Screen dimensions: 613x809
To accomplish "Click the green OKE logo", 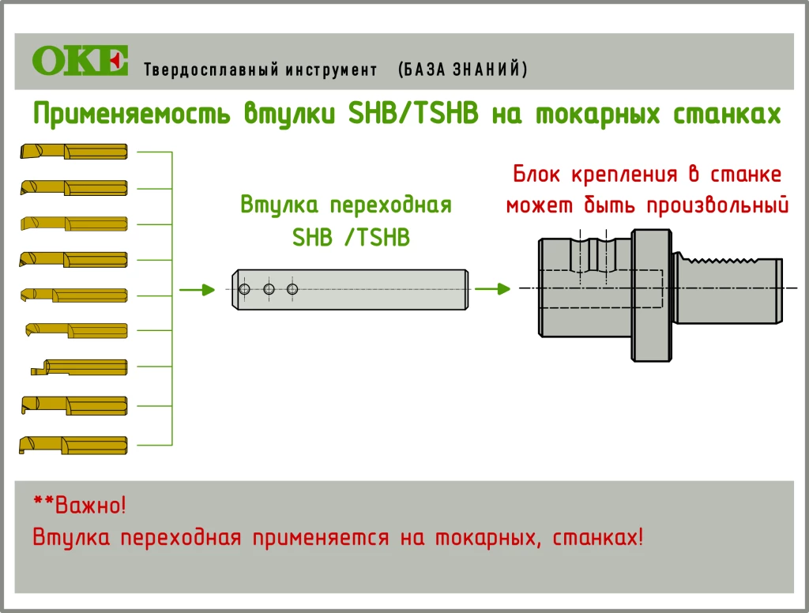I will tap(80, 61).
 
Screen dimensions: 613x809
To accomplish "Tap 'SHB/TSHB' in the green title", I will tap(413, 115).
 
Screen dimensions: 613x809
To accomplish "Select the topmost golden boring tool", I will tap(73, 151).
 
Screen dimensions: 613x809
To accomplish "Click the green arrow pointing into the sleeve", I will tap(198, 290).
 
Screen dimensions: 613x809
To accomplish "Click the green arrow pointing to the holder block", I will tap(491, 290).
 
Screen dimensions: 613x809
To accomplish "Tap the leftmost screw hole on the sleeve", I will tap(245, 290).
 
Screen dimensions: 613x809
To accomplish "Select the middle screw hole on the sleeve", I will tap(269, 290).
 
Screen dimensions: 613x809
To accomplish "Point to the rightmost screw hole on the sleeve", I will tap(293, 290).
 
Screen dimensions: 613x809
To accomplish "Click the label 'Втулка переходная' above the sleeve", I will tap(346, 205).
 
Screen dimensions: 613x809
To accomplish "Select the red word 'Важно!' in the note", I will tap(90, 504).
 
